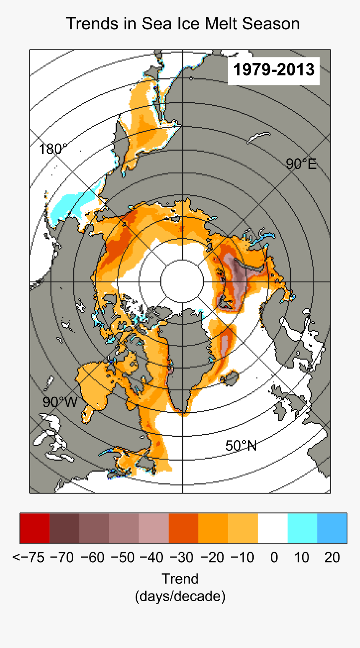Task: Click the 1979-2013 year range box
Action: point(274,69)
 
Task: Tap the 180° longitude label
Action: point(52,149)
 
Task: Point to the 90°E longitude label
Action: point(301,164)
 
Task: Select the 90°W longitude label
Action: point(60,402)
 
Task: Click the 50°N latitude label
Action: point(241,446)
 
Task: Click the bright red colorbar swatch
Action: point(35,528)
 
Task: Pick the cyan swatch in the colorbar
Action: point(302,528)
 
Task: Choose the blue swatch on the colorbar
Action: point(332,528)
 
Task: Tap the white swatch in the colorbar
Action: point(273,528)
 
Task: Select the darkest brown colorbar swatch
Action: point(64,528)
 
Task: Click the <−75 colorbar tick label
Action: point(28,558)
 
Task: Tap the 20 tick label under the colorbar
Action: point(332,558)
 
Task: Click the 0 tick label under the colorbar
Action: point(274,558)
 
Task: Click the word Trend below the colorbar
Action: point(180,579)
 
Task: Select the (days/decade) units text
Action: point(180,596)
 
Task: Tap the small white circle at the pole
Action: point(182,281)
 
